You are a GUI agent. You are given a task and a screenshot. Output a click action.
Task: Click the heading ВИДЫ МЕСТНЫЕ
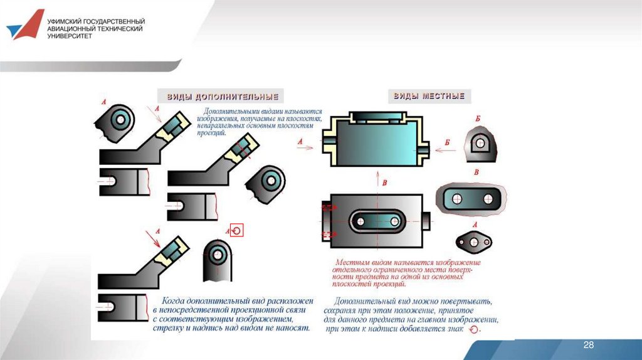tap(429, 97)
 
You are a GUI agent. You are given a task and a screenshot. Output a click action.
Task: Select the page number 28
tap(588, 346)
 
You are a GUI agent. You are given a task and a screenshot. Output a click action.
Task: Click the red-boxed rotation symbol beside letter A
tap(236, 230)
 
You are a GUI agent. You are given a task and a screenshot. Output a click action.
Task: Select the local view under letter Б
tap(480, 144)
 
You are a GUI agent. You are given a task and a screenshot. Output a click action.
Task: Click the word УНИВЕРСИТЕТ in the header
tap(70, 36)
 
